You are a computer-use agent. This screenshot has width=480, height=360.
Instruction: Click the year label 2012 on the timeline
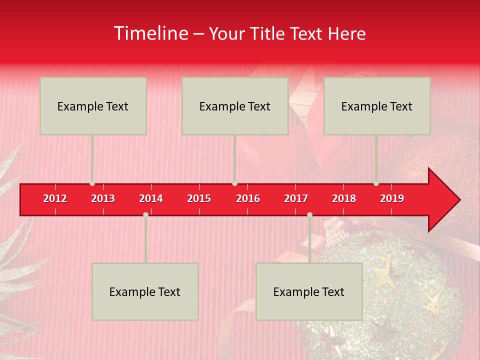pos(55,198)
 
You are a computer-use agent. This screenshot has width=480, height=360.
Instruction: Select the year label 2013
pos(103,198)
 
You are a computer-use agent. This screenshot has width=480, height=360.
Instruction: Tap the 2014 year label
pos(151,198)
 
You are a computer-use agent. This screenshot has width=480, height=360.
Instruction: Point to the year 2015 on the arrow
pos(199,198)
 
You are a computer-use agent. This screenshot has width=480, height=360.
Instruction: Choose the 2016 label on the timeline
pos(248,198)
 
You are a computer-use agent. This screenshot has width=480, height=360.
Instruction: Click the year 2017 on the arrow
pos(296,198)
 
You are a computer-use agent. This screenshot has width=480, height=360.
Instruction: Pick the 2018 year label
pos(344,198)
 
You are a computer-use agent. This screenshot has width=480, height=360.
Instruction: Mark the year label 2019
pos(392,198)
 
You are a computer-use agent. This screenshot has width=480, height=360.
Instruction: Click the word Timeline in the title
pos(150,33)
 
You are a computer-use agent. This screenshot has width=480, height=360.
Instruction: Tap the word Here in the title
pos(346,33)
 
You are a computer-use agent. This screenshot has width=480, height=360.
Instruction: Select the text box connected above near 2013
pos(93,106)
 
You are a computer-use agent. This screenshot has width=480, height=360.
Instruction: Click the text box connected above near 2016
pos(235,106)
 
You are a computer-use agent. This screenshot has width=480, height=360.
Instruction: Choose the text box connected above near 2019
pos(377,106)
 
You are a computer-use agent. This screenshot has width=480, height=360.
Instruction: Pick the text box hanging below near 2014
pos(145,291)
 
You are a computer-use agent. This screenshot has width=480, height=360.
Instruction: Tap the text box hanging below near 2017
pos(309,291)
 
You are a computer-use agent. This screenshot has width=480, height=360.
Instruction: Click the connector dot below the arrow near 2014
pos(145,214)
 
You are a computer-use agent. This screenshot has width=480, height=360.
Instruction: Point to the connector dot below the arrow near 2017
pos(309,214)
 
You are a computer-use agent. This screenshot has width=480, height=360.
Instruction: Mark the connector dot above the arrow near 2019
pos(376,183)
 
